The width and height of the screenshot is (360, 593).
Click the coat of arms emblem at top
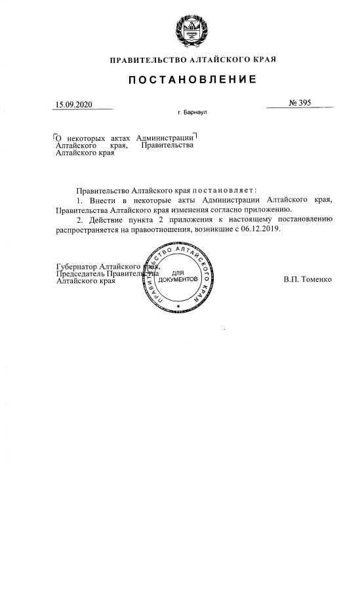[192, 31]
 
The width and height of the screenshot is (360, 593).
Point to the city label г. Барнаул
[192, 113]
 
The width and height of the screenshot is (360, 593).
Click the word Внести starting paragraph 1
[104, 199]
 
